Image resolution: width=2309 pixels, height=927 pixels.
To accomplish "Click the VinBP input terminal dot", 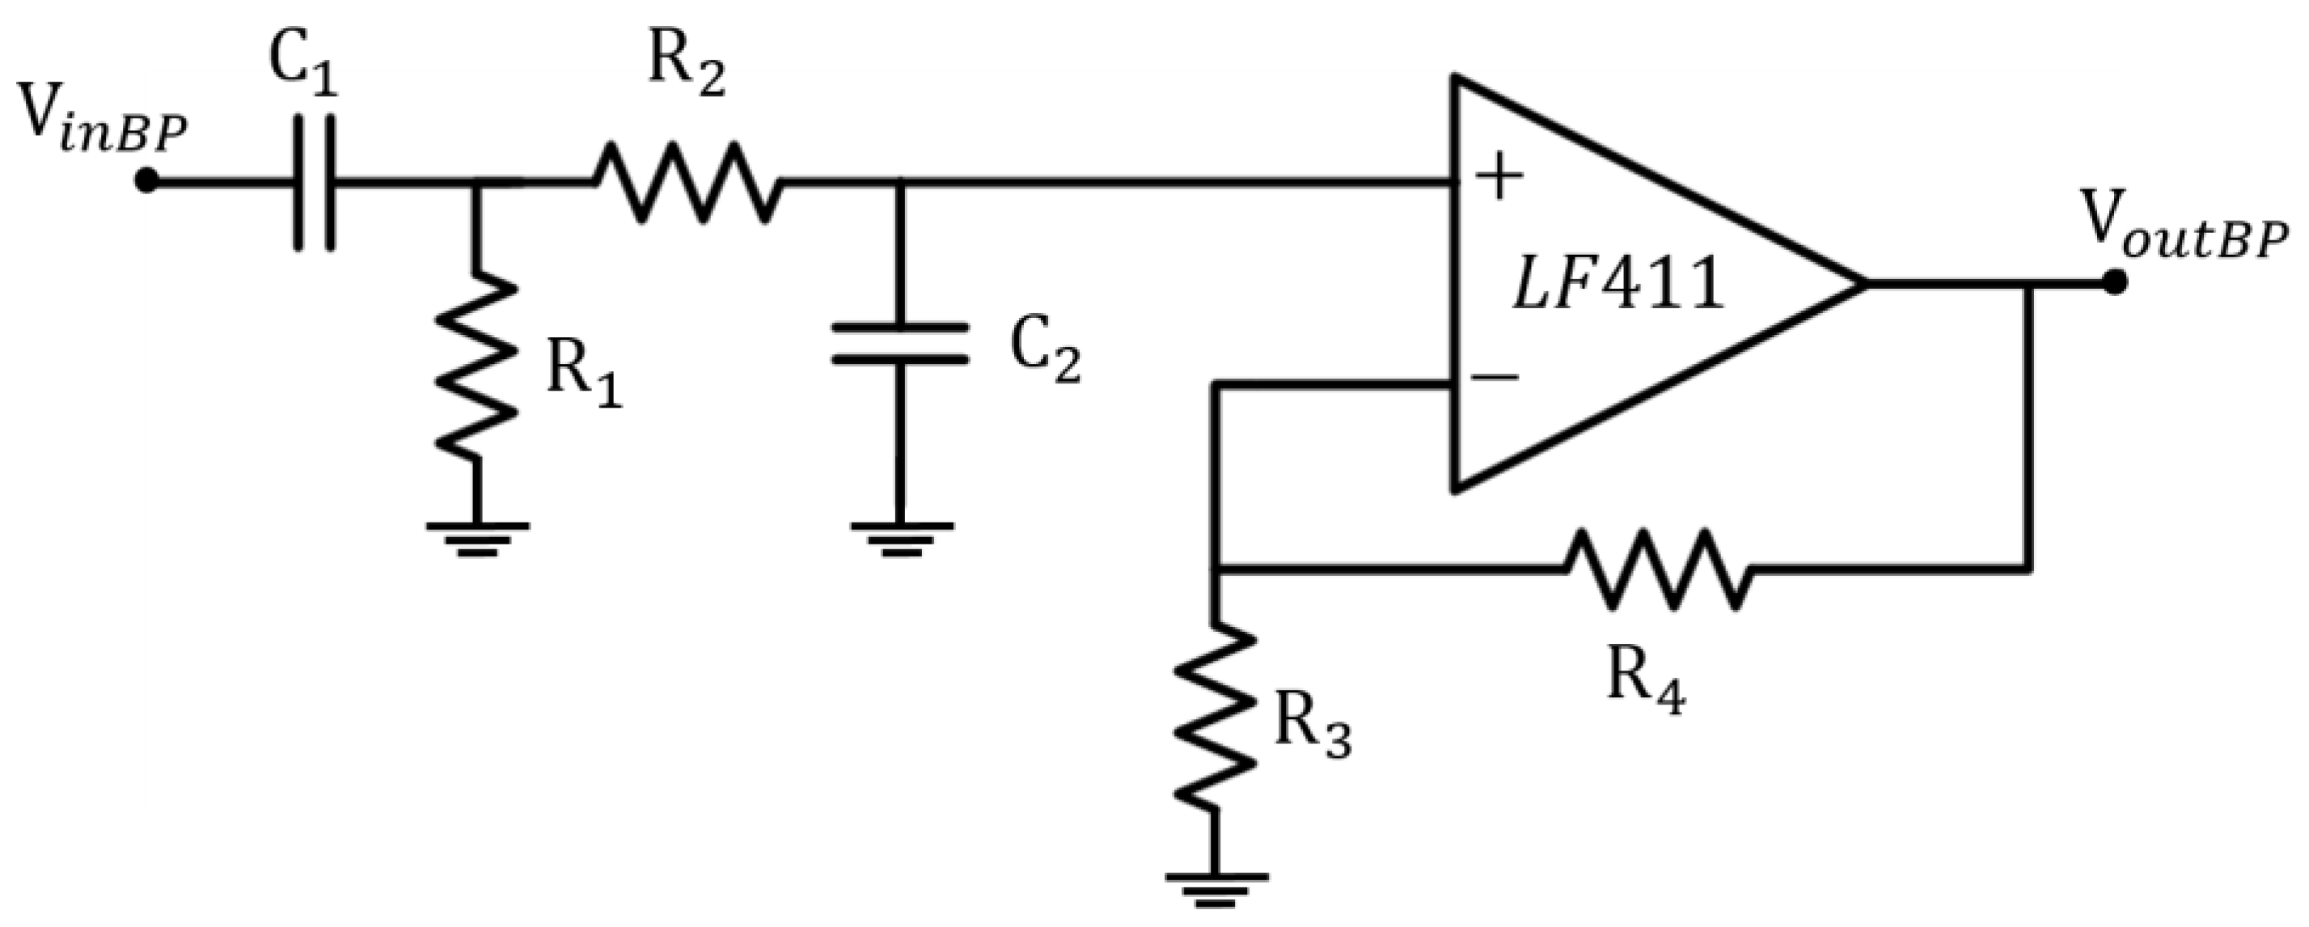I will [146, 182].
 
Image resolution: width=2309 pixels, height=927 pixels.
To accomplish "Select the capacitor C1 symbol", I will [315, 182].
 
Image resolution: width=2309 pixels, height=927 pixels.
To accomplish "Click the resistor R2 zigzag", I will [686, 182].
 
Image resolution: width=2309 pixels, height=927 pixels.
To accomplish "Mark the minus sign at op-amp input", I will [1495, 376].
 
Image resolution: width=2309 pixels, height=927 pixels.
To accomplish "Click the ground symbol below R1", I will [477, 538].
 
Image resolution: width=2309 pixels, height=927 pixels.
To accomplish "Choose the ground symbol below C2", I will [900, 538].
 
